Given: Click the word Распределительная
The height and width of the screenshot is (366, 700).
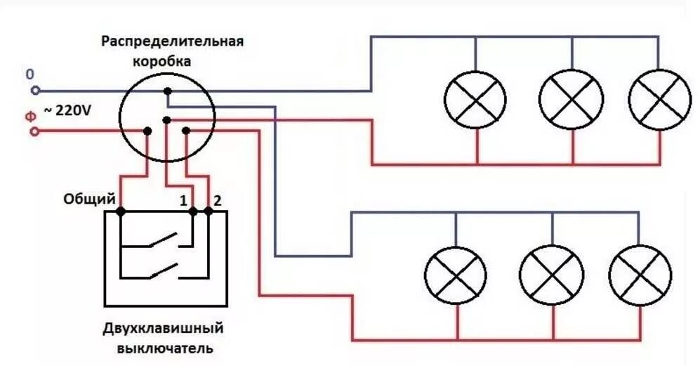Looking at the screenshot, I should pyautogui.click(x=172, y=41).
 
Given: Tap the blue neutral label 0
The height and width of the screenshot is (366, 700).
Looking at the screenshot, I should pyautogui.click(x=29, y=74).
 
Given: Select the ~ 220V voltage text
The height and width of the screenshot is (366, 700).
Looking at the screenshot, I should pyautogui.click(x=68, y=110).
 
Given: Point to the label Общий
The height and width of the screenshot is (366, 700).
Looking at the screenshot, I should pyautogui.click(x=89, y=200).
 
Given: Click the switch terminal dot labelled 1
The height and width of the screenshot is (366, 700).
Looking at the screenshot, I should pyautogui.click(x=193, y=210).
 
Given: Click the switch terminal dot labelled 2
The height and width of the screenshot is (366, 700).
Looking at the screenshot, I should pyautogui.click(x=209, y=210).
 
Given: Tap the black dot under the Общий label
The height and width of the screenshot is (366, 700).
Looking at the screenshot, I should pyautogui.click(x=120, y=210).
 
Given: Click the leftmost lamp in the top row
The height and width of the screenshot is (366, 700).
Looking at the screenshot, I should pyautogui.click(x=476, y=100).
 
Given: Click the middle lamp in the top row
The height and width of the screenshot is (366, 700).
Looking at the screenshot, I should pyautogui.click(x=572, y=100).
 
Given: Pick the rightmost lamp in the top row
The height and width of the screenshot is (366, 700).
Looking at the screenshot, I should pyautogui.click(x=659, y=100).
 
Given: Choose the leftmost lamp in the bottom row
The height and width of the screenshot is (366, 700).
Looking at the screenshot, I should pyautogui.click(x=456, y=275).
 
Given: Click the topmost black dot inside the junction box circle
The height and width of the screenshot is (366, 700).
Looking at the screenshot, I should pyautogui.click(x=167, y=91).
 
